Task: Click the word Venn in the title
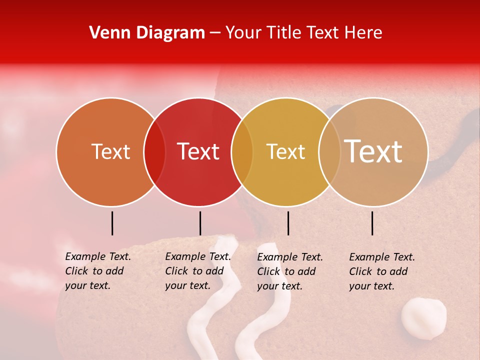click(x=109, y=33)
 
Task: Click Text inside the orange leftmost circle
click(x=110, y=151)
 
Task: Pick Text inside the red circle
click(x=198, y=151)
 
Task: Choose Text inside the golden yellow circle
click(x=285, y=151)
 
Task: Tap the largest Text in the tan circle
click(x=373, y=151)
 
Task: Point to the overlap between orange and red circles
click(x=154, y=152)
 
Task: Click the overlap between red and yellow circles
click(x=242, y=152)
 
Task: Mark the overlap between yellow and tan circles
click(x=329, y=152)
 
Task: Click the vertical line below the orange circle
click(x=112, y=223)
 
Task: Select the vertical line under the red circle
click(x=200, y=223)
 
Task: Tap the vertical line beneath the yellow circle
click(x=288, y=223)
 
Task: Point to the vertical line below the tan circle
click(x=372, y=223)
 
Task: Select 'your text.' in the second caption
click(x=187, y=285)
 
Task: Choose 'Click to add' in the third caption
click(x=286, y=271)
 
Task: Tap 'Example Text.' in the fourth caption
click(x=382, y=257)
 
